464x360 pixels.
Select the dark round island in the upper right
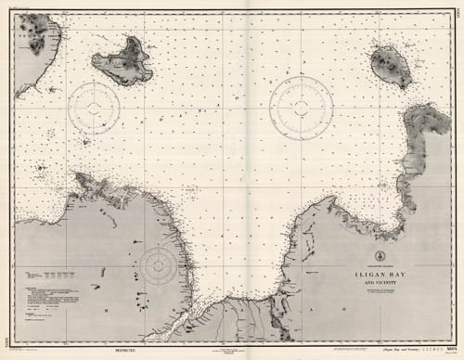coord(391,64)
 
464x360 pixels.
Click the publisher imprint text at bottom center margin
coord(232,351)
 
